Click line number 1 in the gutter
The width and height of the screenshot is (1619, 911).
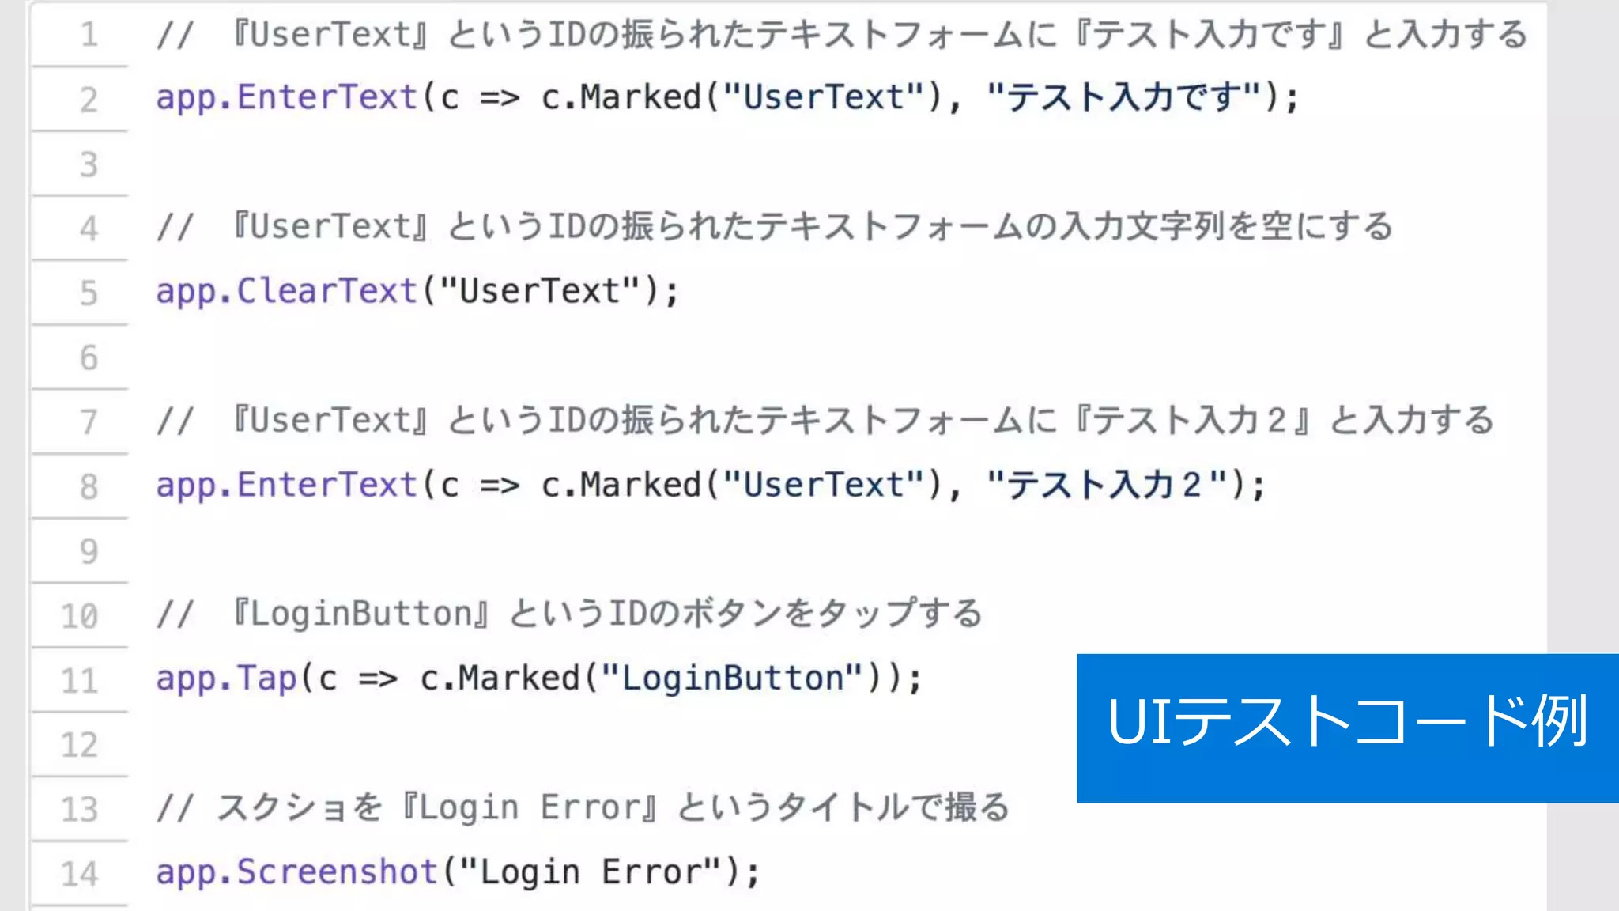(x=89, y=35)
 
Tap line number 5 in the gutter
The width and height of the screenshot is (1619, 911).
(x=89, y=293)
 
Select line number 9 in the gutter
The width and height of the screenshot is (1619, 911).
(x=89, y=551)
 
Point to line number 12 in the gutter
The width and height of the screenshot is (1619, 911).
(x=80, y=745)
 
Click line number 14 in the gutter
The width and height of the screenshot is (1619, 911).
(x=80, y=874)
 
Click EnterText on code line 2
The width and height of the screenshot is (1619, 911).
(x=326, y=97)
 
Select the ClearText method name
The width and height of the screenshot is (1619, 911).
(x=326, y=291)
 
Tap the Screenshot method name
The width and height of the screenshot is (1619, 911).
(x=337, y=872)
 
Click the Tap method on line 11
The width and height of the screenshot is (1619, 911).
(x=266, y=679)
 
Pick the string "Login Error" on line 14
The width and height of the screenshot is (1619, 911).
(x=590, y=872)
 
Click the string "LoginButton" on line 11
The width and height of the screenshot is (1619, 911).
(x=731, y=679)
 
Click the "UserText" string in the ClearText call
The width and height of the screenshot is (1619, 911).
(x=539, y=291)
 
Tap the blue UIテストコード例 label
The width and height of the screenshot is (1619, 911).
(x=1347, y=728)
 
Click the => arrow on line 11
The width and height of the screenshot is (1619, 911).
(x=378, y=679)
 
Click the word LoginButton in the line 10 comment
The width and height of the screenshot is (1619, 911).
(x=360, y=614)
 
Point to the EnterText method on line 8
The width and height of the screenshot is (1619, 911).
(x=326, y=485)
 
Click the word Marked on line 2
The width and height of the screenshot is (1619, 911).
(x=640, y=97)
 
